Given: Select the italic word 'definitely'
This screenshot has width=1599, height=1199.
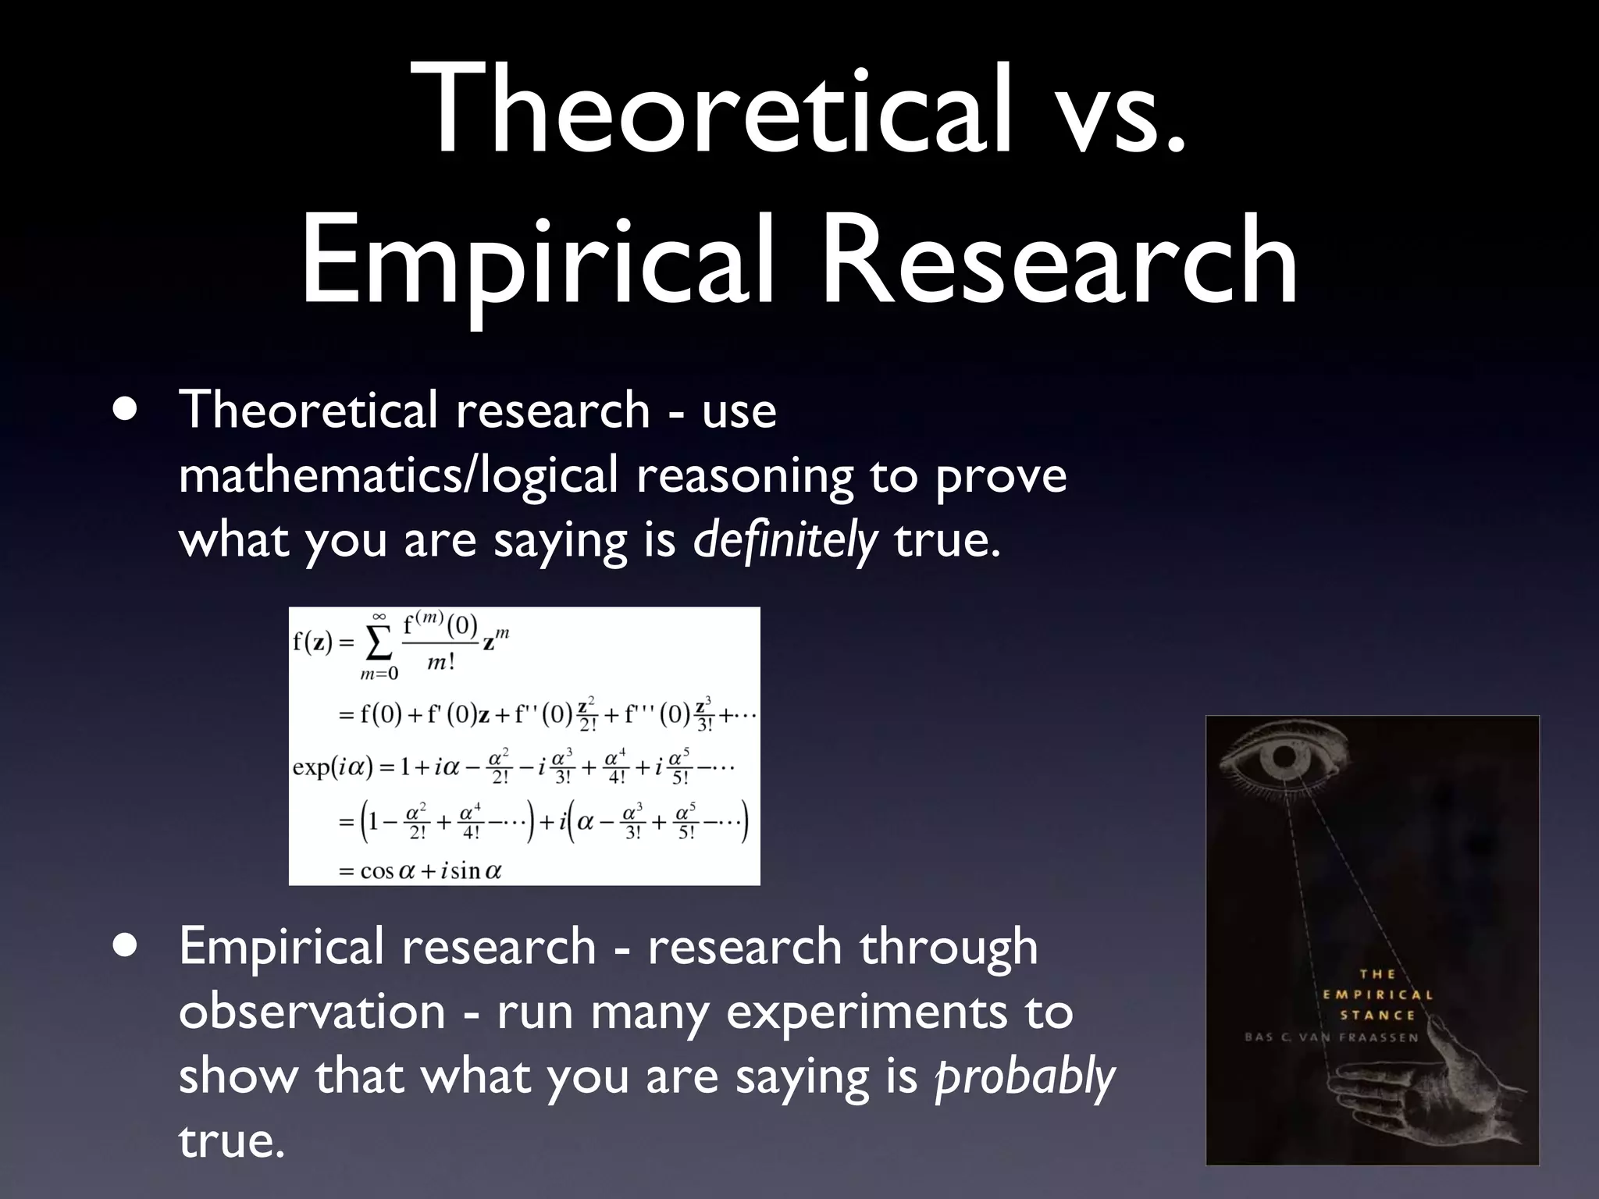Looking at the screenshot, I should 785,540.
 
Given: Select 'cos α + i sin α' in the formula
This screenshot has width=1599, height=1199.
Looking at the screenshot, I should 430,870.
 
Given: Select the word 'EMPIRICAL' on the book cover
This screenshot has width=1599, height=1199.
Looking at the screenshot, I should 1378,994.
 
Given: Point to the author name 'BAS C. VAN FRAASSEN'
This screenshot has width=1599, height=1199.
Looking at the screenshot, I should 1332,1037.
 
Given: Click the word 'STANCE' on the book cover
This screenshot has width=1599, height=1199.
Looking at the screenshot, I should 1378,1016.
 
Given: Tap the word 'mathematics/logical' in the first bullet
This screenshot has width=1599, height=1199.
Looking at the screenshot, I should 398,475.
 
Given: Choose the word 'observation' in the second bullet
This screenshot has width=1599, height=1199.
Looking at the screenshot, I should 312,1012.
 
